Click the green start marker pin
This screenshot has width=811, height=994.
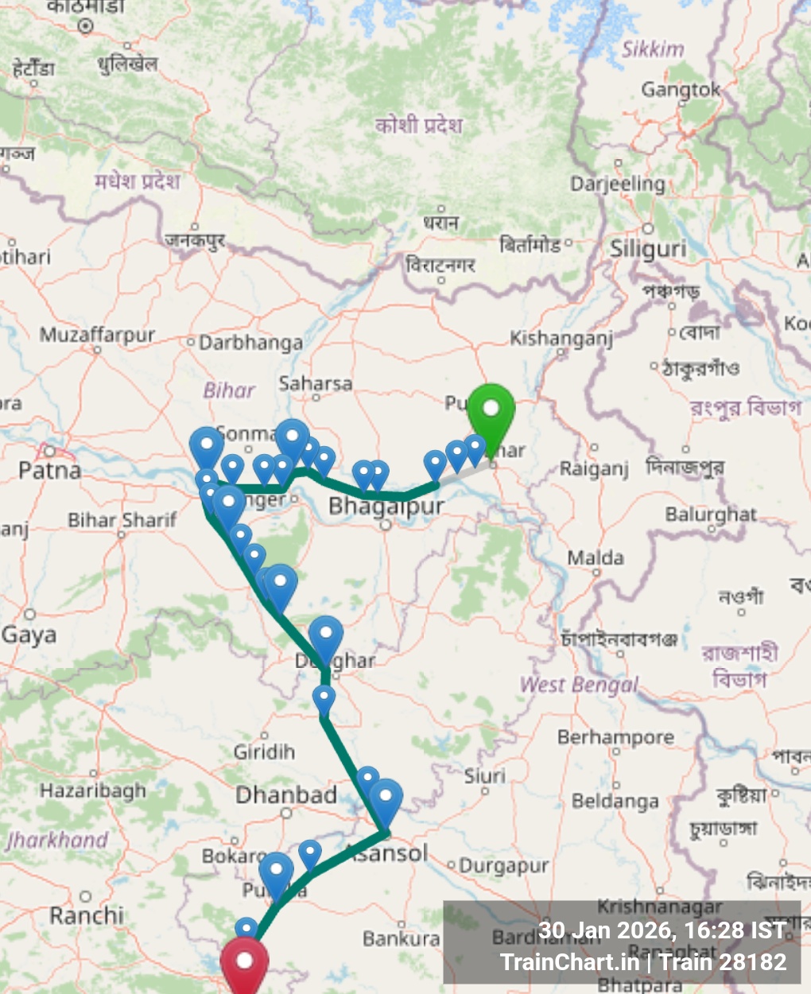click(x=491, y=410)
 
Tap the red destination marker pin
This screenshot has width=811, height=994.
click(x=244, y=962)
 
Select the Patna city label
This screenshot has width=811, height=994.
click(x=49, y=470)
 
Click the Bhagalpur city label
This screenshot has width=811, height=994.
click(x=386, y=505)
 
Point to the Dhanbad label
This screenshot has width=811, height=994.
click(x=286, y=794)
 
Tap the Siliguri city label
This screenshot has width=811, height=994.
click(x=648, y=249)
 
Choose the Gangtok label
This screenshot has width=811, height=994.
click(x=681, y=90)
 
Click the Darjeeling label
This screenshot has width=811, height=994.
click(x=618, y=184)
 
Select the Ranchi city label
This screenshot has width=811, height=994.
click(x=87, y=915)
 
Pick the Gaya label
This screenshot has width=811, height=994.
click(x=29, y=635)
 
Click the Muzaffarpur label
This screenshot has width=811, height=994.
click(x=97, y=335)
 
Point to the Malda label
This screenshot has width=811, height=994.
click(x=596, y=558)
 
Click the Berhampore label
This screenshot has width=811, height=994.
click(x=615, y=737)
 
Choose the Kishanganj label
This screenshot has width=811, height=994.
click(x=561, y=339)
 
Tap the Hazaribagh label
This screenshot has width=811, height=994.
click(x=93, y=790)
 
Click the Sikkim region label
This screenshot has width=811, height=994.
click(x=653, y=49)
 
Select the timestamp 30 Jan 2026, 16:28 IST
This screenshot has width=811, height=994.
click(x=662, y=930)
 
